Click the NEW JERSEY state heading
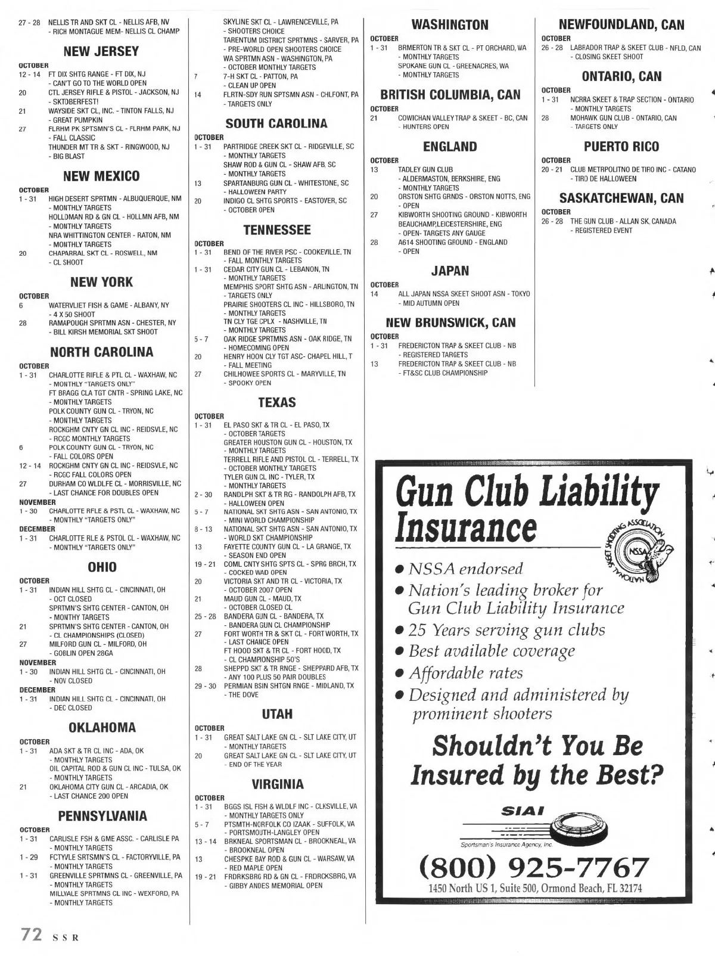click(101, 51)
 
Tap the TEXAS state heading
click(277, 402)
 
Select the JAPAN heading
click(450, 271)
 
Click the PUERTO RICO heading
click(621, 147)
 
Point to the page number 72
click(31, 934)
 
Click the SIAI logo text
click(523, 811)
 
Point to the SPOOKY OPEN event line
click(250, 383)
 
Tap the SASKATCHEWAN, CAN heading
click(621, 198)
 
